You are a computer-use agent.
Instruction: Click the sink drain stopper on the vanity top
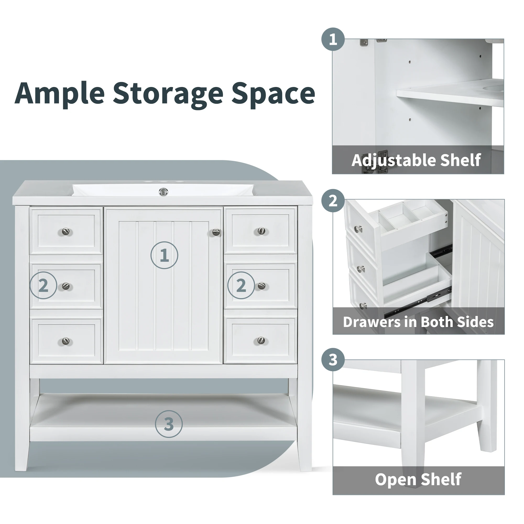point(163,192)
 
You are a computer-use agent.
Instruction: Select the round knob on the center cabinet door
point(216,232)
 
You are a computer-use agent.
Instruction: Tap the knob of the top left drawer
point(66,232)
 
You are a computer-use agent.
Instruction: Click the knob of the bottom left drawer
point(66,341)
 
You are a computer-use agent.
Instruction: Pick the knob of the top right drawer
point(261,231)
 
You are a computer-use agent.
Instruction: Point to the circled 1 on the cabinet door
point(164,255)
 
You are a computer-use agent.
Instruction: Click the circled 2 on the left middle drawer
point(43,285)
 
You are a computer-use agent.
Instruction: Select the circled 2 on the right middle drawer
point(241,285)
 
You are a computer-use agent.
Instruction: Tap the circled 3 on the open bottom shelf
point(169,424)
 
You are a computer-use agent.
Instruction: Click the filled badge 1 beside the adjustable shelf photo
point(333,39)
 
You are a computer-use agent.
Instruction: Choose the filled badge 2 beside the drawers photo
point(333,201)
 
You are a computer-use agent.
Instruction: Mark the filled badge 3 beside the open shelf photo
point(333,360)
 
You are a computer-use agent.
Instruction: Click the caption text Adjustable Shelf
point(416,160)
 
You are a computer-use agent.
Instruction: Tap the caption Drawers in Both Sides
point(418,322)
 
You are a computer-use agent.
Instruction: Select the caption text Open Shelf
point(418,479)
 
